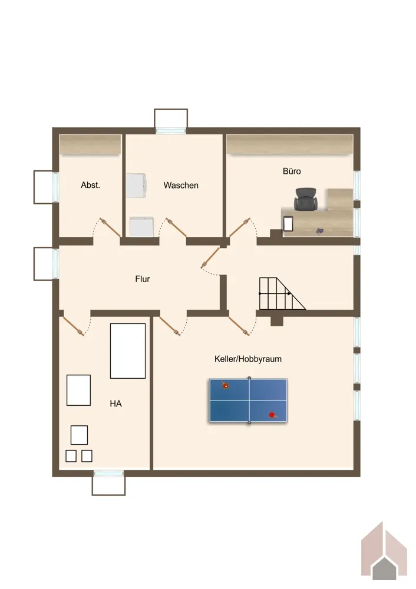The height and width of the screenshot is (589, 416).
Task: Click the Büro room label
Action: pyautogui.click(x=292, y=171)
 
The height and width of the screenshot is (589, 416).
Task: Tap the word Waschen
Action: pyautogui.click(x=181, y=185)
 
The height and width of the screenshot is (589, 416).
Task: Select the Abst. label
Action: pyautogui.click(x=90, y=185)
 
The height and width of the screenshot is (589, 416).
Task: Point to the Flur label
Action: pyautogui.click(x=143, y=279)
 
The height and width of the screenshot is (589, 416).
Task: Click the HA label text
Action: pyautogui.click(x=115, y=404)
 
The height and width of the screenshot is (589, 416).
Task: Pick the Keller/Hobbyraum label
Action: pyautogui.click(x=248, y=359)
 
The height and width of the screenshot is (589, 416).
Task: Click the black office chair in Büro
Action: pyautogui.click(x=306, y=200)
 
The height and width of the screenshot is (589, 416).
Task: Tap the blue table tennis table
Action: pyautogui.click(x=249, y=401)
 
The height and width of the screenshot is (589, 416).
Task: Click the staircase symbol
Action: pyautogui.click(x=282, y=293)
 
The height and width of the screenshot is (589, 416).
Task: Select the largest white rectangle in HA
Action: pyautogui.click(x=128, y=351)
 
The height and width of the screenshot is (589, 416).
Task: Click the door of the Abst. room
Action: pyautogui.click(x=110, y=227)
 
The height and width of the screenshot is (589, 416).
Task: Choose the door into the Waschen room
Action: pyautogui.click(x=176, y=227)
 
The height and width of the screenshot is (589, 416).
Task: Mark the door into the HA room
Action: pyautogui.click(x=72, y=325)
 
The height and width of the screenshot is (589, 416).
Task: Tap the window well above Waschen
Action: pyautogui.click(x=171, y=120)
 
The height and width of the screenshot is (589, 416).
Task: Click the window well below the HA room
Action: pyautogui.click(x=108, y=483)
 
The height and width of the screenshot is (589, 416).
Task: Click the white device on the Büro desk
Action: pyautogui.click(x=288, y=224)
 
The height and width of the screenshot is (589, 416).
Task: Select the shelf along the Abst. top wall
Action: pyautogui.click(x=90, y=144)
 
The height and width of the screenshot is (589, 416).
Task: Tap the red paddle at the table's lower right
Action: pyautogui.click(x=273, y=415)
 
